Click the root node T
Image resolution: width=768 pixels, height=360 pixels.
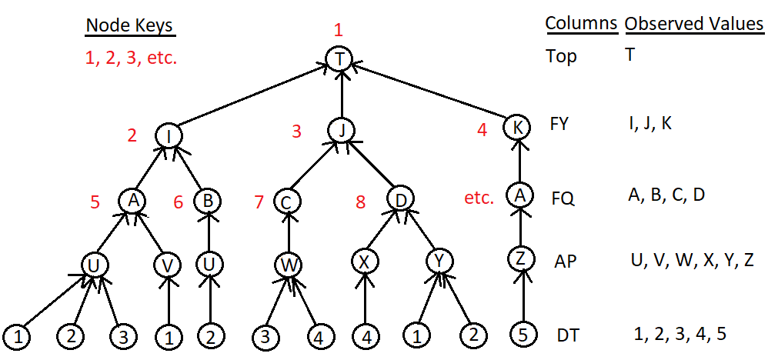click(340, 59)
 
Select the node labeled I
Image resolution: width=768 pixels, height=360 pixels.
click(169, 135)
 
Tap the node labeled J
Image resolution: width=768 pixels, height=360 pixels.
click(340, 129)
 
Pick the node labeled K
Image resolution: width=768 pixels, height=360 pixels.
click(518, 127)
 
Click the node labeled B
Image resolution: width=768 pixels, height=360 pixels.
click(205, 202)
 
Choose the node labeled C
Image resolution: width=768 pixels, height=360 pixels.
click(286, 202)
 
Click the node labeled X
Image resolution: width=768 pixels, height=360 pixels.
click(365, 262)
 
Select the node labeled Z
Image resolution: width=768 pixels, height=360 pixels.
click(520, 258)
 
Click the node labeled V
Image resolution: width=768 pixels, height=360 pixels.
click(167, 265)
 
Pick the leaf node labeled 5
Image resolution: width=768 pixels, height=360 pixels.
click(523, 334)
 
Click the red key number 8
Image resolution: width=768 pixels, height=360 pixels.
click(360, 202)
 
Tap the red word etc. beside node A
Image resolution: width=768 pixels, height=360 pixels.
click(479, 198)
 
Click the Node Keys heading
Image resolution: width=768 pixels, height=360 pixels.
click(129, 25)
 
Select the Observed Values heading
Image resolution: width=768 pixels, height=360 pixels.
click(693, 24)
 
